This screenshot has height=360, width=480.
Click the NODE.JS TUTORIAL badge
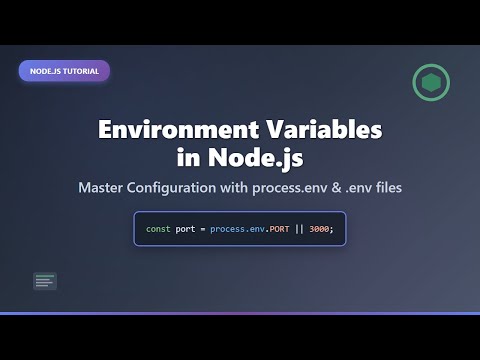tap(64, 71)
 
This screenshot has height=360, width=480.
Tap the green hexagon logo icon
tap(431, 83)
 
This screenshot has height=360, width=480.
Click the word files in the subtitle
tap(416, 189)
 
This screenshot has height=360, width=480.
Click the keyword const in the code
tap(158, 230)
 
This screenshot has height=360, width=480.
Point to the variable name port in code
tap(187, 230)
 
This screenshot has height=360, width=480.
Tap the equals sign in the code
tap(203, 230)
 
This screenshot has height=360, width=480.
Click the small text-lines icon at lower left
tap(44, 282)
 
